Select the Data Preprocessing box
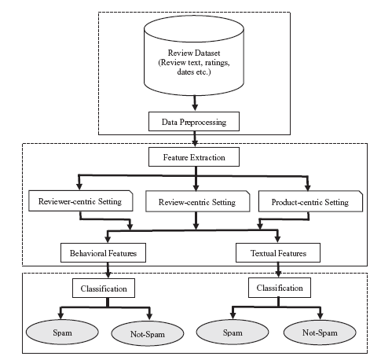click(194, 122)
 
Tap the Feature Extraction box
click(194, 157)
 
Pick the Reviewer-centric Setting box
click(81, 201)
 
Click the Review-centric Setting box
click(198, 201)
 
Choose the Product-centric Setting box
click(310, 201)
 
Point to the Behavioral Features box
click(103, 253)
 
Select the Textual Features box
click(278, 253)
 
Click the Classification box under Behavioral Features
click(104, 288)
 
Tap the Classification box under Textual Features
click(280, 288)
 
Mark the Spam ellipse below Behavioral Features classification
click(62, 332)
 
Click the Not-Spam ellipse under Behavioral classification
click(148, 333)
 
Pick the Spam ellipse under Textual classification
click(233, 332)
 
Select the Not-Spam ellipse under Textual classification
click(320, 332)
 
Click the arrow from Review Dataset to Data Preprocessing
click(195, 103)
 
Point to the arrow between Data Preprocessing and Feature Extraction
click(195, 139)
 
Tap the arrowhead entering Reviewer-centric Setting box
click(79, 186)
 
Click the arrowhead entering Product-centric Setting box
click(308, 187)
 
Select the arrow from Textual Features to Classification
click(278, 270)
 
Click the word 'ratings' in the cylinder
click(217, 63)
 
